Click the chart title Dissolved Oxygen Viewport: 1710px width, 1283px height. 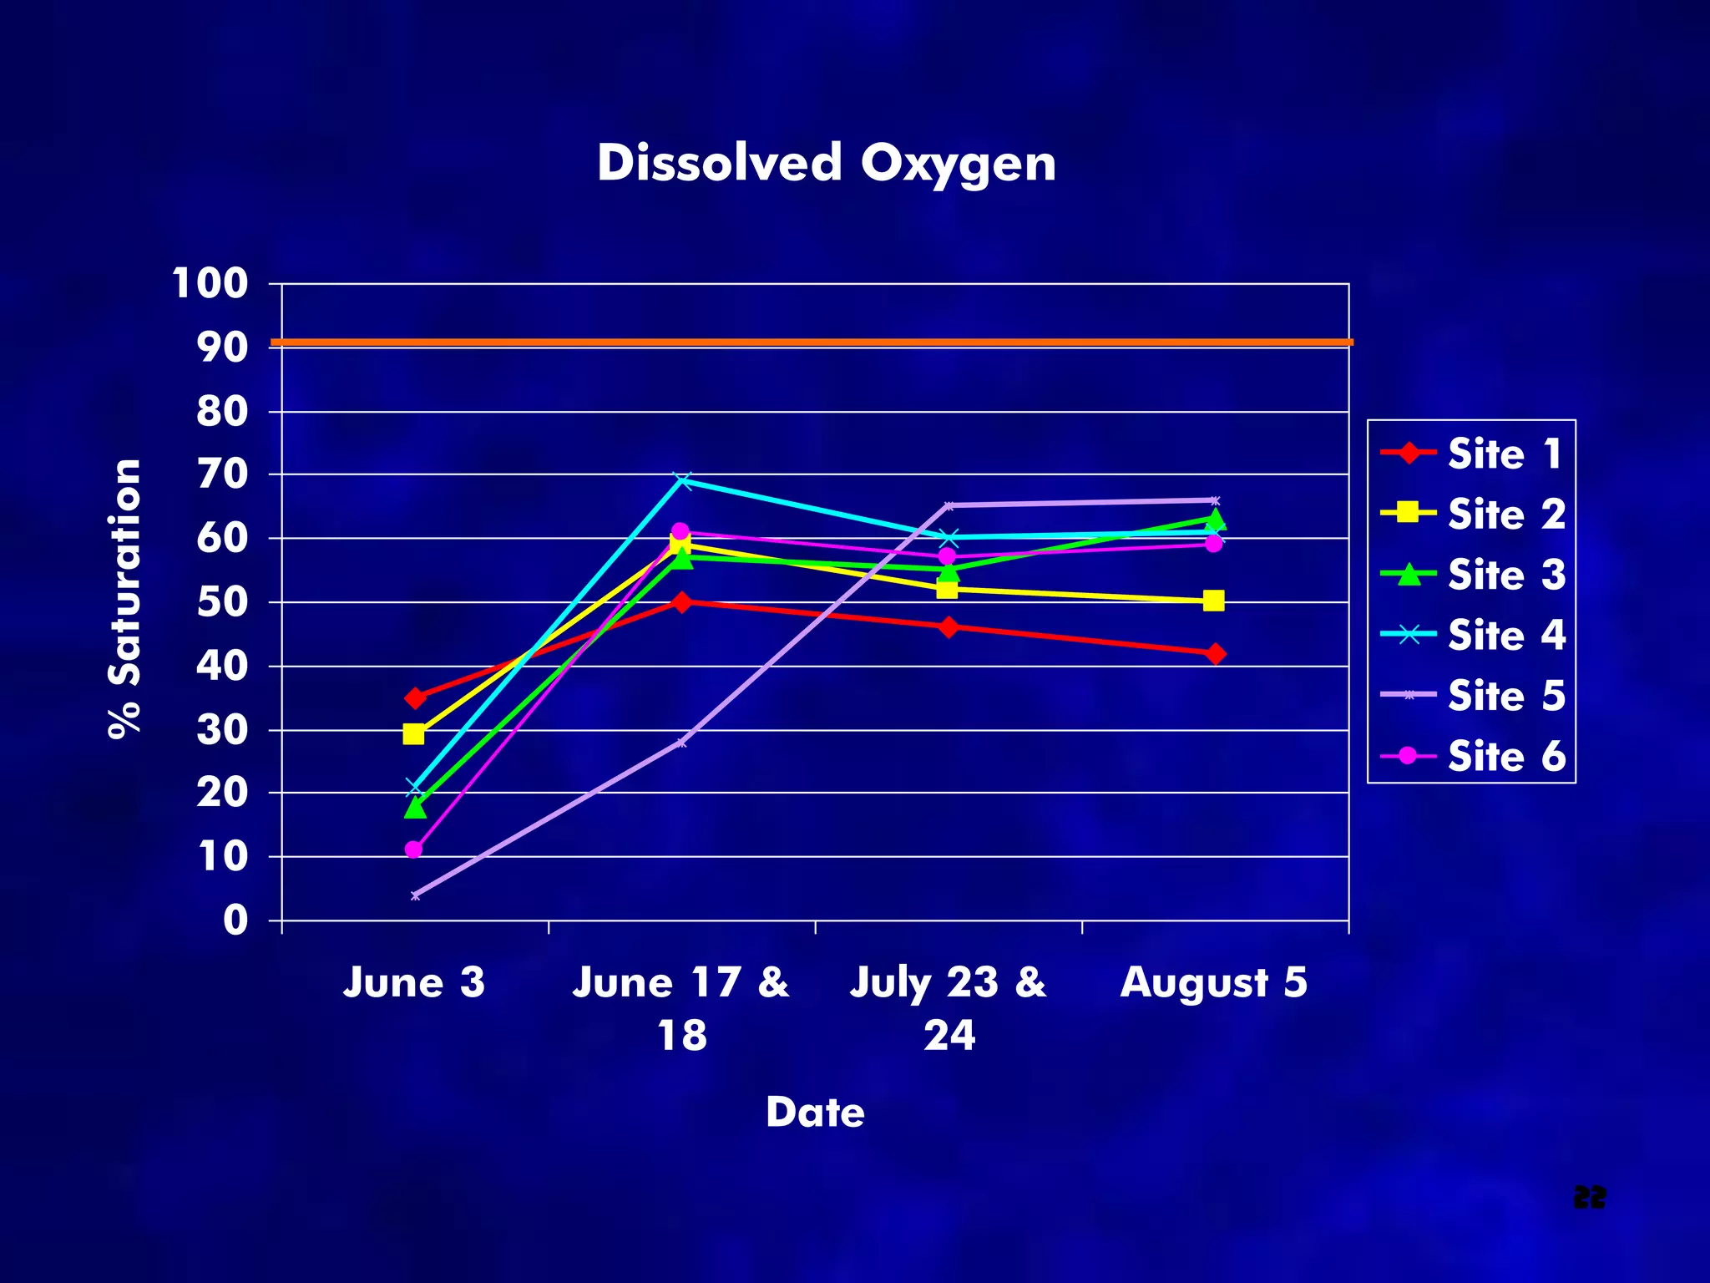pyautogui.click(x=826, y=163)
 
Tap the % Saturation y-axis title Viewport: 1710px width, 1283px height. pyautogui.click(x=125, y=598)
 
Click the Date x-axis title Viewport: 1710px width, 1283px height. pyautogui.click(x=815, y=1113)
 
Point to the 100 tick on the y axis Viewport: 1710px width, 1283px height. pyautogui.click(x=210, y=284)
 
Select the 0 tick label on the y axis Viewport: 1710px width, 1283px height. pyautogui.click(x=236, y=920)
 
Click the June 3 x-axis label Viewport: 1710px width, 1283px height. pyautogui.click(x=414, y=982)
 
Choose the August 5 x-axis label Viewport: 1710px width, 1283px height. pyautogui.click(x=1213, y=982)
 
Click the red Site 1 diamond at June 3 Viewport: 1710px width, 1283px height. pyautogui.click(x=415, y=697)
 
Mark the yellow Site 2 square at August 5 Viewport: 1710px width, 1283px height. pyautogui.click(x=1214, y=601)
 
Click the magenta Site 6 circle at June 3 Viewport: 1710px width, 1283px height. pyautogui.click(x=413, y=849)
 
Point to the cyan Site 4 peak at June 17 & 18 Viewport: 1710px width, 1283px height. pyautogui.click(x=682, y=480)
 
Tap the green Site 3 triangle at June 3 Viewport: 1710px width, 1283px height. pyautogui.click(x=415, y=808)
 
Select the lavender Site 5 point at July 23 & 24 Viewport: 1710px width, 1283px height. pyautogui.click(x=949, y=505)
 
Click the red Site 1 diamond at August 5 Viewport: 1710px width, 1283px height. pyautogui.click(x=1216, y=653)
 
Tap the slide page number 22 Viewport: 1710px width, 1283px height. pyautogui.click(x=1589, y=1197)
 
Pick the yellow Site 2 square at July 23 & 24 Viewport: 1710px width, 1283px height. pyautogui.click(x=947, y=589)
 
